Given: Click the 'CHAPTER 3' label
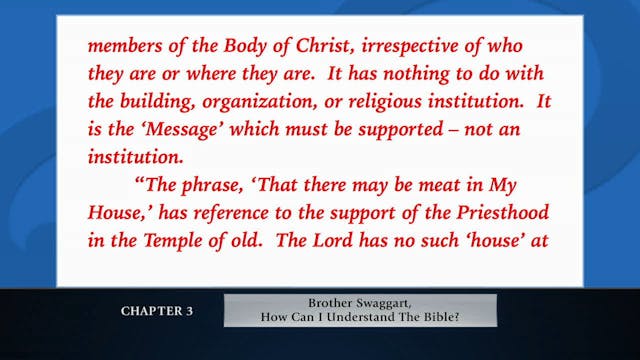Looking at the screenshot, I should (x=157, y=311).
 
